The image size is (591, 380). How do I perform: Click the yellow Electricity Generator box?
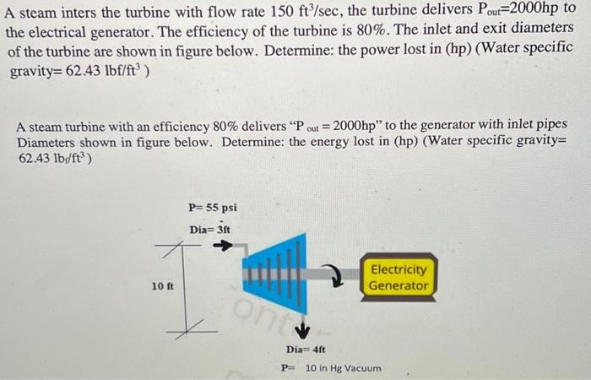tap(399, 277)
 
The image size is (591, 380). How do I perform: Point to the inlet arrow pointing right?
tap(221, 246)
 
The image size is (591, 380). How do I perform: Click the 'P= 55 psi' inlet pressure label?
tap(213, 207)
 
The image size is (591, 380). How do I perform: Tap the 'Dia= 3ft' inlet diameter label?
tap(210, 228)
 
